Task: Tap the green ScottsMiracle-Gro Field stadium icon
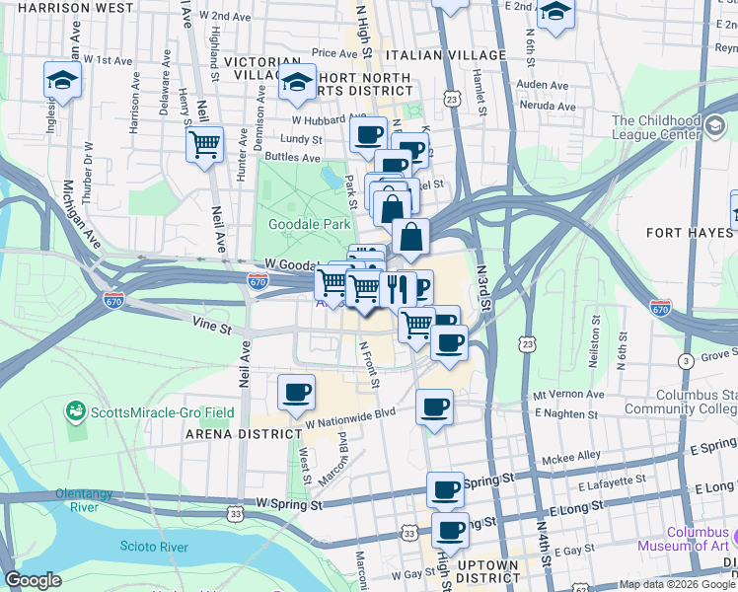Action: click(73, 408)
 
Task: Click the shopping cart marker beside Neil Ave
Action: click(204, 145)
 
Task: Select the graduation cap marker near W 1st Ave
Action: click(62, 82)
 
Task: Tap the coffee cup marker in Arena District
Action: click(296, 393)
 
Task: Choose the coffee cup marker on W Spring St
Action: click(445, 488)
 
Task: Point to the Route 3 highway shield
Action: click(685, 361)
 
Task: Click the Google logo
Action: click(33, 580)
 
